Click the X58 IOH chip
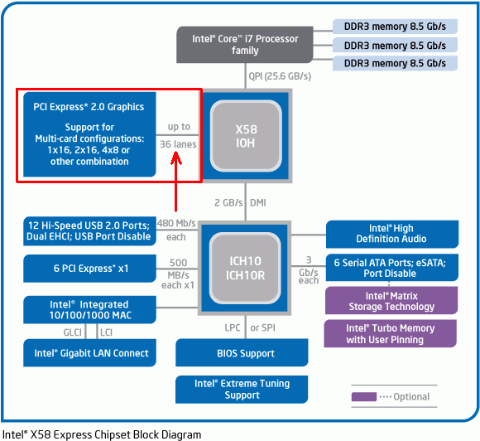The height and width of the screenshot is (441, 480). (246, 136)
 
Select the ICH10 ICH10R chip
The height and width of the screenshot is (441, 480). (245, 268)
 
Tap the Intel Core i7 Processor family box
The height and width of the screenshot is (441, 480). (245, 45)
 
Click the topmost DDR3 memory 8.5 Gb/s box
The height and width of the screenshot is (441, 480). (395, 27)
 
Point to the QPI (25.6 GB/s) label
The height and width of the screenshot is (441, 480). (280, 76)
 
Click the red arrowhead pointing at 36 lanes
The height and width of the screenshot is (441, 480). (176, 158)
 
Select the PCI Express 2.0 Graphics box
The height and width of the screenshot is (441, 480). (89, 134)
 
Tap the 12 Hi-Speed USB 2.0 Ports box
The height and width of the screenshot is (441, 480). (89, 231)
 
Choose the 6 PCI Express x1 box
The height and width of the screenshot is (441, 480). (89, 269)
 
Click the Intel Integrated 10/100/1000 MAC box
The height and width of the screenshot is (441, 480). (89, 310)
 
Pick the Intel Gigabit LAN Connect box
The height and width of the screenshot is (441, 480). (89, 353)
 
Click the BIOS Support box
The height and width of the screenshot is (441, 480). (242, 352)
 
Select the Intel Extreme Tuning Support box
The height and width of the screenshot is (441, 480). (242, 390)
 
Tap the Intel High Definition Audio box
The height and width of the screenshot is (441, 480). (392, 234)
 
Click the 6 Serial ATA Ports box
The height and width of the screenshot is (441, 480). (392, 268)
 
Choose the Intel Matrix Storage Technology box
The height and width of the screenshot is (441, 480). (391, 301)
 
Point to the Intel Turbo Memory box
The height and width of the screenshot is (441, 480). (391, 333)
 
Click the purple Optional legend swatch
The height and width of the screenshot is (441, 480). (364, 396)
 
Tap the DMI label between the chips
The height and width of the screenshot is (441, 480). (257, 203)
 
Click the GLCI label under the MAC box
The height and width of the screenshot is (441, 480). (73, 332)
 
